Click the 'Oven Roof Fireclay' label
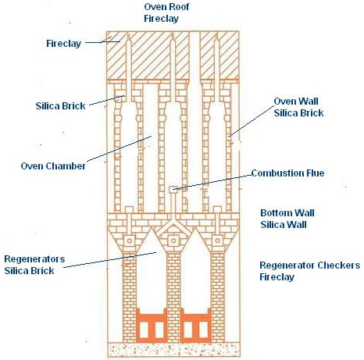(x=166, y=12)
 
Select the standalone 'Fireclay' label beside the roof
(x=64, y=43)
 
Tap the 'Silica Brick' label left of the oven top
(x=60, y=106)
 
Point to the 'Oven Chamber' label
(x=53, y=166)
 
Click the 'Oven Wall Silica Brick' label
(x=298, y=107)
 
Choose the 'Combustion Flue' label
(x=287, y=173)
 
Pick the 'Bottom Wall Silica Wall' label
(x=287, y=219)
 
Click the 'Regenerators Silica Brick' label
(x=34, y=265)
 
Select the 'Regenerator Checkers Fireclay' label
(x=310, y=271)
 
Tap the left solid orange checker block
(x=152, y=326)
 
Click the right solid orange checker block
(x=196, y=326)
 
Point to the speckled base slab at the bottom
(x=173, y=350)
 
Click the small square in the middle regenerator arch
(x=173, y=241)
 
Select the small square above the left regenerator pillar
(x=130, y=241)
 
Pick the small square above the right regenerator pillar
(x=218, y=241)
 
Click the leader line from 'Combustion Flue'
(x=212, y=182)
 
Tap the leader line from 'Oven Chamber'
(x=120, y=148)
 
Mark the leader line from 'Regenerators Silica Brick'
(x=110, y=260)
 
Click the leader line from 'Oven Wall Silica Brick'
(x=251, y=121)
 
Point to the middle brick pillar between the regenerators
(x=173, y=297)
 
